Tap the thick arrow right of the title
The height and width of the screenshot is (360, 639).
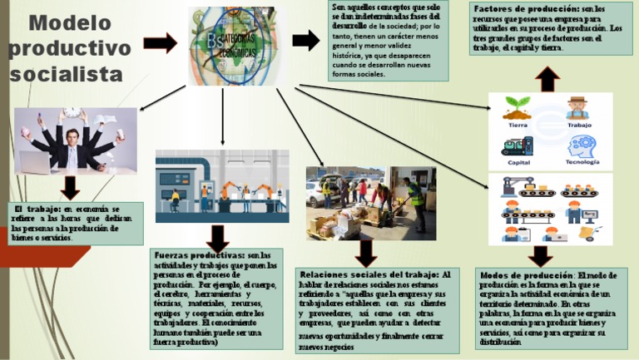click(161, 42)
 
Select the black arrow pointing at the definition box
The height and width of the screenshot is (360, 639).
click(305, 39)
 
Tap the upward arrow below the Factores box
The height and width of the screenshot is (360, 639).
click(547, 79)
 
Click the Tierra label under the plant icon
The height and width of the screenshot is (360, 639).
click(518, 125)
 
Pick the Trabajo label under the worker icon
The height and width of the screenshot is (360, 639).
click(579, 125)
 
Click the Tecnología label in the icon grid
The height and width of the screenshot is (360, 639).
click(579, 161)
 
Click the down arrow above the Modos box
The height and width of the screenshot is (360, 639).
click(541, 254)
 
